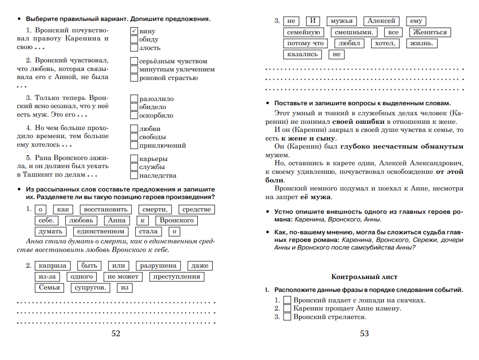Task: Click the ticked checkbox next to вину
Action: coord(134,31)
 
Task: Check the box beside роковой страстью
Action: coord(134,78)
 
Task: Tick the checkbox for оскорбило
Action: coord(134,115)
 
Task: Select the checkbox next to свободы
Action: coord(134,137)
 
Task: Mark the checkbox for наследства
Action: coord(134,175)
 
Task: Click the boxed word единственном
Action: coord(101,231)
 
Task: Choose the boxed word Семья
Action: coord(50,288)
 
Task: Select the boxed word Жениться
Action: coord(430,32)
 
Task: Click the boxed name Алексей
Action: coord(381,21)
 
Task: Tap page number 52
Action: coord(116,334)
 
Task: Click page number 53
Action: coord(364,334)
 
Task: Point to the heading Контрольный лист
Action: coord(364,277)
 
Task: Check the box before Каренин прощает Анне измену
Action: coord(287,309)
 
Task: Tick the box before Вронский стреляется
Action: coord(287,317)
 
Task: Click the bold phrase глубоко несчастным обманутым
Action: coord(401,147)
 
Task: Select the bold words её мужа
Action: coord(316,197)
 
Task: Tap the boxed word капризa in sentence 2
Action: coord(53,266)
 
